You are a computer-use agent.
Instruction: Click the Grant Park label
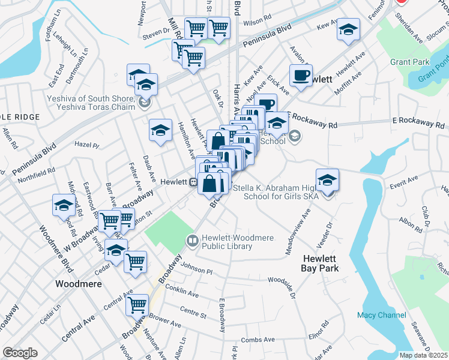pyautogui.click(x=410, y=62)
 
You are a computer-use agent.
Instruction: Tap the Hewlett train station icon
pyautogui.click(x=194, y=182)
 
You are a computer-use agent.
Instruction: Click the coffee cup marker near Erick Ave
pyautogui.click(x=301, y=76)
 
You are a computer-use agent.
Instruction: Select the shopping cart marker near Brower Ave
pyautogui.click(x=137, y=305)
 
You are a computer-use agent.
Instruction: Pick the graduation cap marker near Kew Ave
pyautogui.click(x=348, y=30)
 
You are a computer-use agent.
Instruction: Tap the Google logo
pyautogui.click(x=20, y=352)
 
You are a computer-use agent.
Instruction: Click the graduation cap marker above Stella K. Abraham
pyautogui.click(x=327, y=179)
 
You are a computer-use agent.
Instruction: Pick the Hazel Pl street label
pyautogui.click(x=86, y=145)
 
